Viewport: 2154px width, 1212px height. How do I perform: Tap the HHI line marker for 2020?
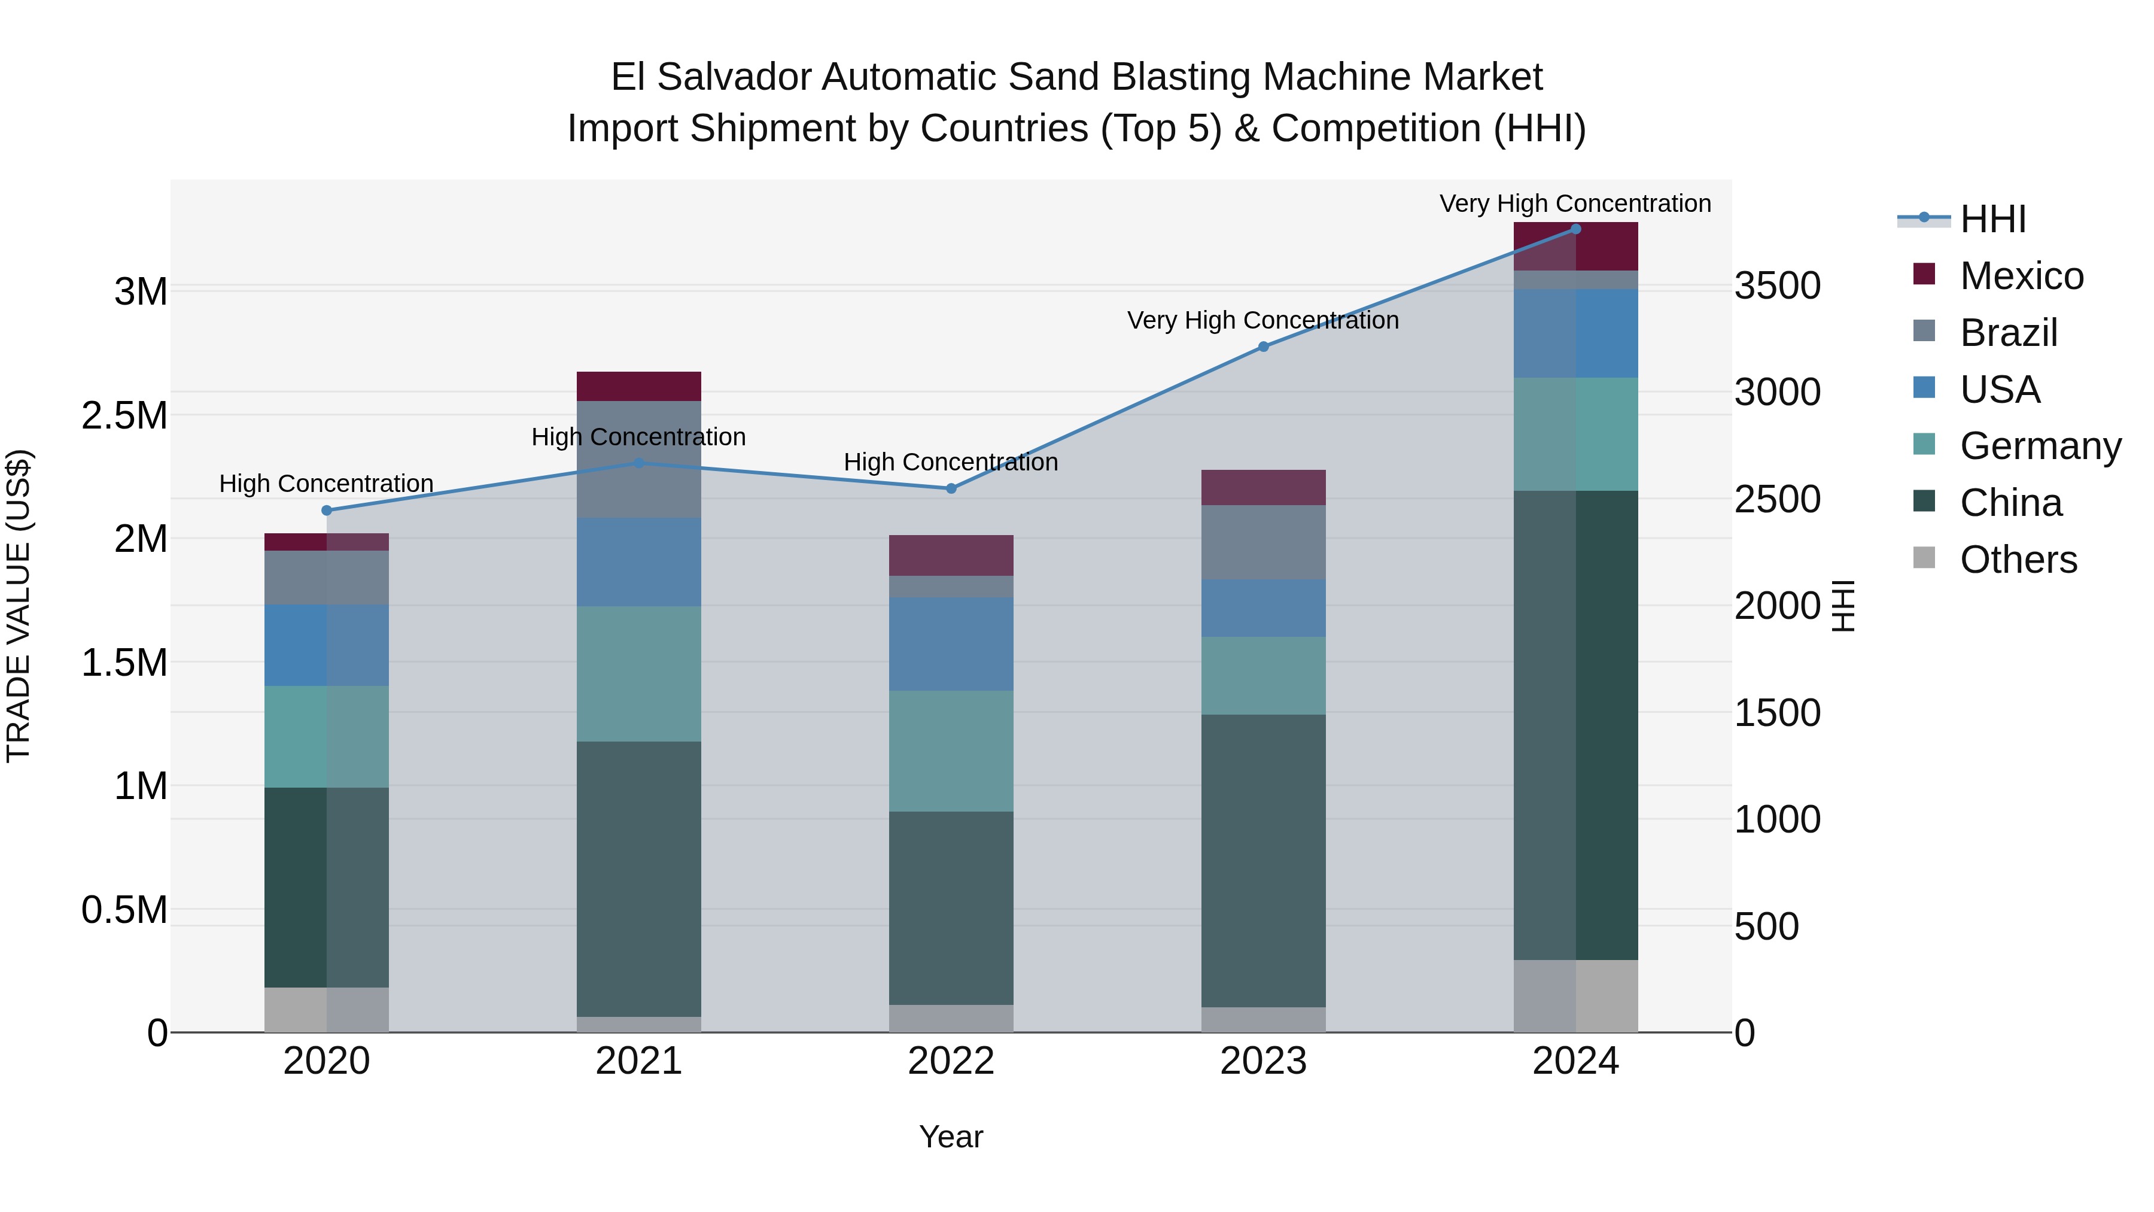(327, 510)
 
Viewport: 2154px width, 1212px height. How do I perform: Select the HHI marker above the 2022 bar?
(951, 488)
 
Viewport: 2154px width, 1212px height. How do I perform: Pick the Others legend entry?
(2017, 560)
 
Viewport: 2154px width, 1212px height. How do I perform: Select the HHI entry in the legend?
(1992, 219)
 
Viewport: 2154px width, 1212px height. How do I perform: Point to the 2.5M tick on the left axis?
(124, 416)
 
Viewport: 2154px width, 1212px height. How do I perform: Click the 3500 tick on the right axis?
(1777, 286)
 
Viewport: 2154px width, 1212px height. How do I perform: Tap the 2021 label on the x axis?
(639, 1061)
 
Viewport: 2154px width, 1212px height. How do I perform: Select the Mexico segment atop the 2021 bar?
(639, 387)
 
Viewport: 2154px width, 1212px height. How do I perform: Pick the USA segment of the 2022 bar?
(951, 643)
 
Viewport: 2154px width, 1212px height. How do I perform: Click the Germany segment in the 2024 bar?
(1575, 434)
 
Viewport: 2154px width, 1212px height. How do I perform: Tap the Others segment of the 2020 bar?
(327, 1010)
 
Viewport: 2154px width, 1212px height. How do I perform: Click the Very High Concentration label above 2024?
(1575, 203)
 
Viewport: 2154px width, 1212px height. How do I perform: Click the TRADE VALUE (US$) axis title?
(19, 606)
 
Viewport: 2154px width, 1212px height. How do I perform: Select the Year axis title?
(951, 1137)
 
